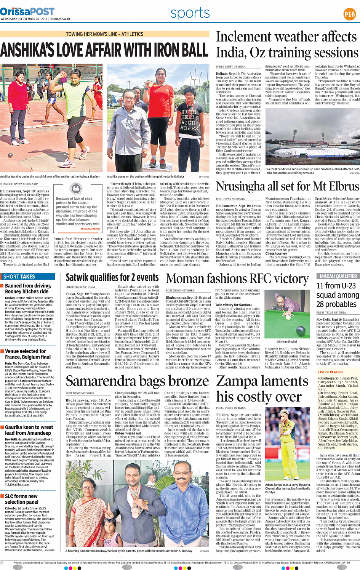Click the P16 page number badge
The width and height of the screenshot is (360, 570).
click(349, 14)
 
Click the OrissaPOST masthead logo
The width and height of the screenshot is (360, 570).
click(27, 12)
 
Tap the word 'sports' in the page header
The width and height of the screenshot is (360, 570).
click(190, 13)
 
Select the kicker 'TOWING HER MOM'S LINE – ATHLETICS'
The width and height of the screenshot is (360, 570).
click(105, 34)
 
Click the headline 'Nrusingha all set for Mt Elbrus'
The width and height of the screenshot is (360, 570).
click(288, 186)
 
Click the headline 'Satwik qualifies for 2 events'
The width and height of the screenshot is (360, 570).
click(112, 278)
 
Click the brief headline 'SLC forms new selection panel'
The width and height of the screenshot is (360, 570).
click(21, 499)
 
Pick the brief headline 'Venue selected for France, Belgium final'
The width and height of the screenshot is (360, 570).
click(28, 354)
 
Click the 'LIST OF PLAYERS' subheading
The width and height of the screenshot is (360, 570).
click(331, 372)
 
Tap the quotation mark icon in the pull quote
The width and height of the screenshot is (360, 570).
click(77, 189)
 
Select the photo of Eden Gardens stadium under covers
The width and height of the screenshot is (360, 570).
click(312, 143)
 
